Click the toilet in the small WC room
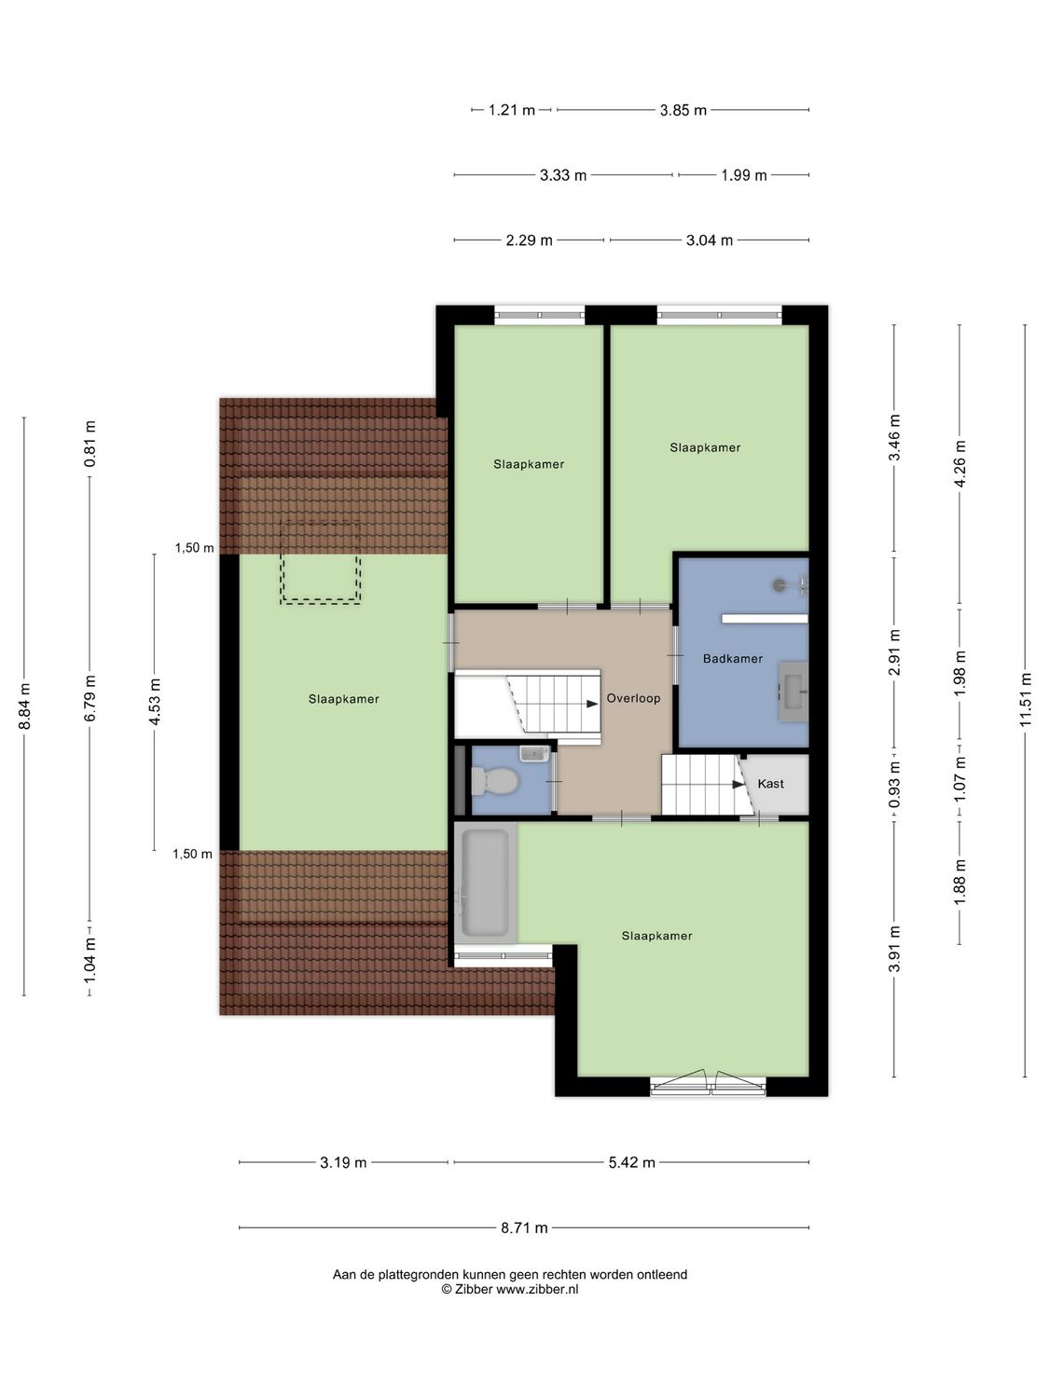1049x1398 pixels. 496,780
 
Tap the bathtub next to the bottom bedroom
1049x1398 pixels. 485,882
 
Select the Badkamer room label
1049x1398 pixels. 732,659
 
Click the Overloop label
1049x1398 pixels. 633,698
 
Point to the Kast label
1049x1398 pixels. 770,784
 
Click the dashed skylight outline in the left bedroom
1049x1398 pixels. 321,562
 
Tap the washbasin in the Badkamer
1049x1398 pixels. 794,692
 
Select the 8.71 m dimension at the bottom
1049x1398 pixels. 524,1227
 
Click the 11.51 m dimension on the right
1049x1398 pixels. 1025,699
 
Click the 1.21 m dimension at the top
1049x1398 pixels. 512,110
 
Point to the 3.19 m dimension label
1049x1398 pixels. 343,1162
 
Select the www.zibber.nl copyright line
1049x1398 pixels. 509,1289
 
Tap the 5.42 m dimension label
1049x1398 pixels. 631,1162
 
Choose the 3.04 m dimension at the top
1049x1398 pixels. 709,240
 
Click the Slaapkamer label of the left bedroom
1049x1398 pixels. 343,699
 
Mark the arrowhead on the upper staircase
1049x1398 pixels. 591,704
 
